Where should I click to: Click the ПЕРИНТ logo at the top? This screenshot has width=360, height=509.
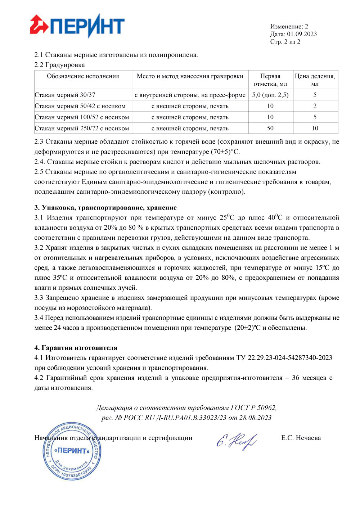(x=77, y=26)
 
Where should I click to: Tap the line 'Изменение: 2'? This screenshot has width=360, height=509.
(x=289, y=26)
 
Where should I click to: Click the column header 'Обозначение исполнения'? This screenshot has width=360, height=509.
(x=83, y=76)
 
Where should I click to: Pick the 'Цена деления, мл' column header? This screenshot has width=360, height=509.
(x=315, y=80)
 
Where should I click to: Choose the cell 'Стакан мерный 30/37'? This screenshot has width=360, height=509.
(x=65, y=95)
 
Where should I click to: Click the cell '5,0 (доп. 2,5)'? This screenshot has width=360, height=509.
(x=270, y=95)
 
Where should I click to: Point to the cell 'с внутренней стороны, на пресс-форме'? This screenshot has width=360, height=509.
(x=190, y=95)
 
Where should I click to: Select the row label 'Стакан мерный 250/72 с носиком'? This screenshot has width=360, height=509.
(x=82, y=129)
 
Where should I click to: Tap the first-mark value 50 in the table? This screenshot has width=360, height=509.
(x=270, y=129)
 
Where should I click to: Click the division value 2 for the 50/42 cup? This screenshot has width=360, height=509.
(x=315, y=106)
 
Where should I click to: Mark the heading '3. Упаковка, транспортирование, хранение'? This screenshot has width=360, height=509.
(x=105, y=208)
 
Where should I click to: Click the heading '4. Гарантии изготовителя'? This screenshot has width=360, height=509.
(x=76, y=348)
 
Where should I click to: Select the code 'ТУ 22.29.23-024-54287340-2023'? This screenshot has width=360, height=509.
(x=284, y=358)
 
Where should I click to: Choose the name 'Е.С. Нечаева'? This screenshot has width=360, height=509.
(x=301, y=438)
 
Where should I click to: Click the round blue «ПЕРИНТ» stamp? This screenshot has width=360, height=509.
(x=72, y=451)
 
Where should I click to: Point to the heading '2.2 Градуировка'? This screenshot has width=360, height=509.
(x=60, y=65)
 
